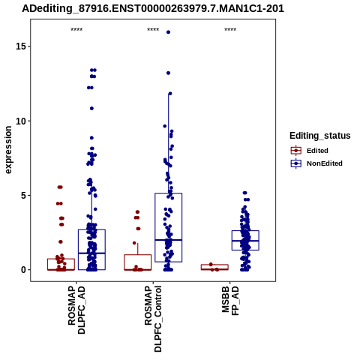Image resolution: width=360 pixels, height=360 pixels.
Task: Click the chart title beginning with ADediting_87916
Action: click(x=153, y=8)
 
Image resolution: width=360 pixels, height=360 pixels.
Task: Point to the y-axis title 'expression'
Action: click(x=8, y=150)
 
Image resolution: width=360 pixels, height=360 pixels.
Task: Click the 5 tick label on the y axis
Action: click(x=24, y=195)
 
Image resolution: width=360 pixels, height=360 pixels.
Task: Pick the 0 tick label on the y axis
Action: click(x=24, y=270)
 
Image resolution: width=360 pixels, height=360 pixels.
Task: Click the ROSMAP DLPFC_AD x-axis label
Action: click(x=76, y=310)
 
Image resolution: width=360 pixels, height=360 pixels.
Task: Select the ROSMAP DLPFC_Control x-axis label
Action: click(x=153, y=319)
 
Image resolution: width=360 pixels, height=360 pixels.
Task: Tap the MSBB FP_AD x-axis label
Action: click(x=230, y=301)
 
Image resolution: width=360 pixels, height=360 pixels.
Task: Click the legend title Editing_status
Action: click(x=320, y=136)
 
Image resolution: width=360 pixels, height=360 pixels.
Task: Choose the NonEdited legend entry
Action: click(x=316, y=163)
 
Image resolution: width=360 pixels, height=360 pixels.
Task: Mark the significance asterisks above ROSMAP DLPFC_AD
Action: click(x=76, y=30)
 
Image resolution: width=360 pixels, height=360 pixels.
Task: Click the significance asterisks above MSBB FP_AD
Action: click(x=230, y=30)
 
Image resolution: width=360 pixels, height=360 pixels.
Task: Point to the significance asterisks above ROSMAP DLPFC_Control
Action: click(x=153, y=30)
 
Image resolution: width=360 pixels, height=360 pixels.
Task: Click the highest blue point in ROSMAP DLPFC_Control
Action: click(x=168, y=32)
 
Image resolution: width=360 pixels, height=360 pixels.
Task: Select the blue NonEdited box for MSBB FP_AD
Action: click(x=245, y=230)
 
